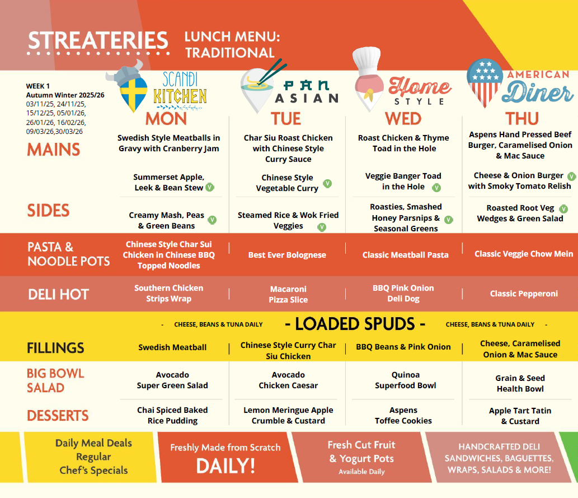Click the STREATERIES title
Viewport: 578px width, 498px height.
pos(98,40)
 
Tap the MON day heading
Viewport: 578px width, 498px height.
pos(166,119)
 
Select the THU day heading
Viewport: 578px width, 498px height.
pos(521,119)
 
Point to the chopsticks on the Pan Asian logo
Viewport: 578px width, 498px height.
pos(272,71)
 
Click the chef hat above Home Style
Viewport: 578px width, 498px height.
pos(366,61)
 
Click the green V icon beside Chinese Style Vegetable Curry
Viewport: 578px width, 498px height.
pos(327,184)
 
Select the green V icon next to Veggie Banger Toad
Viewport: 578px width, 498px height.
pos(436,188)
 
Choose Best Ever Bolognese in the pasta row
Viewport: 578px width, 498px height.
pos(287,255)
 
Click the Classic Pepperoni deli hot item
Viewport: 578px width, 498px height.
pos(524,294)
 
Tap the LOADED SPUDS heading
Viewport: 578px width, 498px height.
pos(355,324)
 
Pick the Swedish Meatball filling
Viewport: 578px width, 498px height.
pos(172,347)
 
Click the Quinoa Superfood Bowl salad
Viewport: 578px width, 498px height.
pos(406,380)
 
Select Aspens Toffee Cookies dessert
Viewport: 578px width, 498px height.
pos(403,415)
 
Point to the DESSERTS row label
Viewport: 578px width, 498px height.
pos(58,416)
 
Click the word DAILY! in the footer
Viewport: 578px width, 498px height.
pos(225,466)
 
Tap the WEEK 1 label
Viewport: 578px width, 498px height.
pos(37,86)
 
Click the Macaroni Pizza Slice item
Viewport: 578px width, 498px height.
pos(288,294)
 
